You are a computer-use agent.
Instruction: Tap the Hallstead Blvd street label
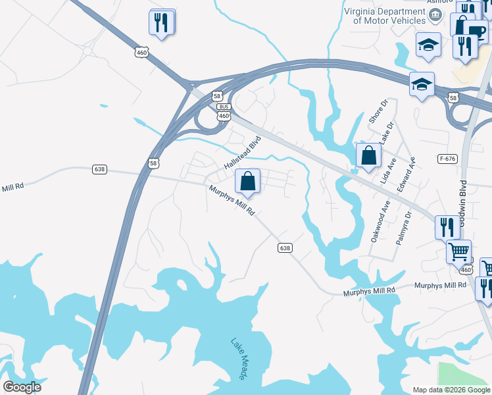click(243, 152)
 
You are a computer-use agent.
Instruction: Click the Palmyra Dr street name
click(403, 228)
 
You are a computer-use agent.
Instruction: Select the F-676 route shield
click(447, 159)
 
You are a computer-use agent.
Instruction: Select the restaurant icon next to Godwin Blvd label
click(447, 227)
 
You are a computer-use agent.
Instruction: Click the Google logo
click(22, 387)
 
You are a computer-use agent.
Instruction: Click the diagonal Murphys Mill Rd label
click(232, 201)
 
